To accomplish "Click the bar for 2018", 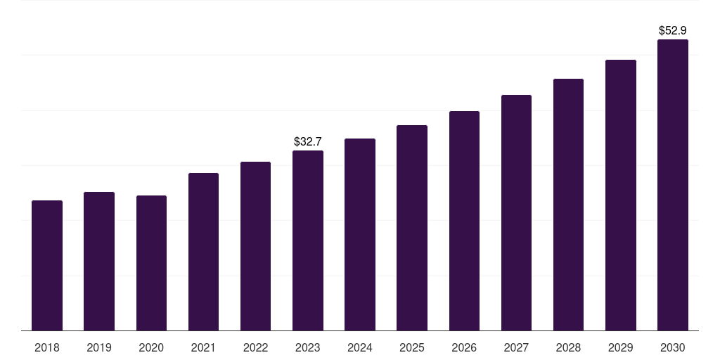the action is pyautogui.click(x=47, y=265).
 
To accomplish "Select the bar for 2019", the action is pyautogui.click(x=99, y=262).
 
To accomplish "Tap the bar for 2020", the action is pyautogui.click(x=152, y=263).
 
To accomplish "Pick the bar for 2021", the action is pyautogui.click(x=203, y=252).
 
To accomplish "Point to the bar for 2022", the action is pyautogui.click(x=255, y=246).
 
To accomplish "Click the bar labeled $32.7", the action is pyautogui.click(x=308, y=240).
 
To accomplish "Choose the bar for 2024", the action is pyautogui.click(x=360, y=235).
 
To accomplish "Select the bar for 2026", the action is pyautogui.click(x=464, y=221).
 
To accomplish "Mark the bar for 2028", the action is pyautogui.click(x=568, y=205).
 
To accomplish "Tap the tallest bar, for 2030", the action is pyautogui.click(x=673, y=185).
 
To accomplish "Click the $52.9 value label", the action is pyautogui.click(x=673, y=30).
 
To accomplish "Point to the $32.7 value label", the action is pyautogui.click(x=308, y=141).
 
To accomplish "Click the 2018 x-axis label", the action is pyautogui.click(x=47, y=347).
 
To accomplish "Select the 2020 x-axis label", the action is pyautogui.click(x=152, y=347).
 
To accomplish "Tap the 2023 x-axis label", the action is pyautogui.click(x=308, y=347).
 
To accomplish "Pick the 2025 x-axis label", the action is pyautogui.click(x=412, y=347).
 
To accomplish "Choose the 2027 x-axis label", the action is pyautogui.click(x=516, y=347).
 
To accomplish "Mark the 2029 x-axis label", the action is pyautogui.click(x=621, y=347).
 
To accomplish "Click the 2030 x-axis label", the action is pyautogui.click(x=673, y=347).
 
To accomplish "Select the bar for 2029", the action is pyautogui.click(x=621, y=195).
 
